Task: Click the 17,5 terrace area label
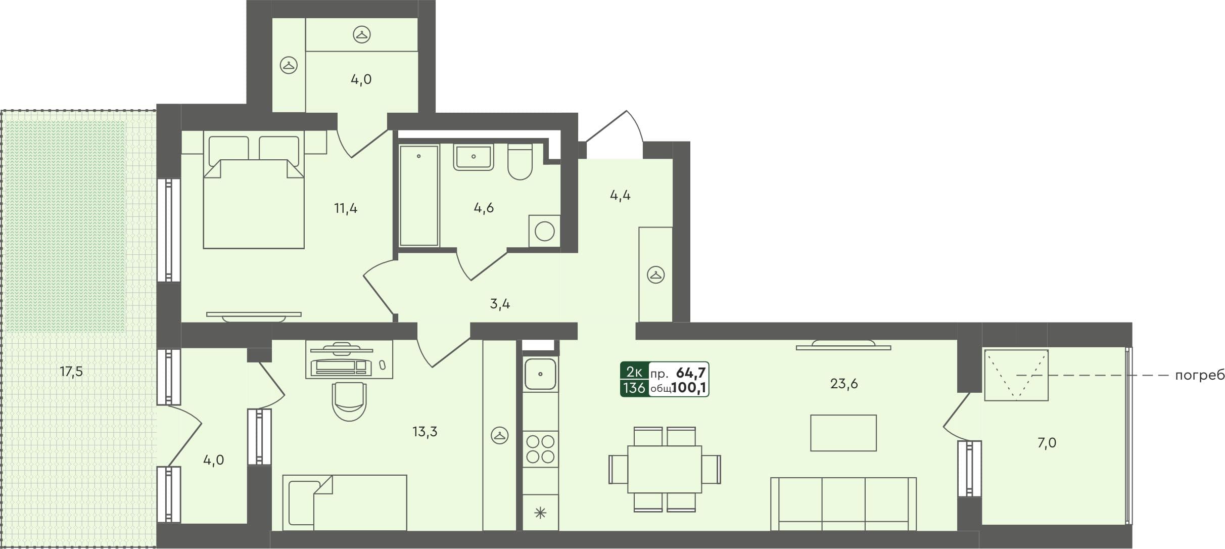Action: click(71, 372)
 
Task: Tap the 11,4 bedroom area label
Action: click(346, 208)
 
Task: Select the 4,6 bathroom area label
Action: click(484, 208)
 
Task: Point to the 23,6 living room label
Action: click(844, 384)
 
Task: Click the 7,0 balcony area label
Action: click(1047, 443)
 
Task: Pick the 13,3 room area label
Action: click(425, 432)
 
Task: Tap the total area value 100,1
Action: click(689, 388)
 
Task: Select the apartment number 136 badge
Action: click(634, 388)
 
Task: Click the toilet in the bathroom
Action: click(520, 162)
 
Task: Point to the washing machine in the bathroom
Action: click(544, 232)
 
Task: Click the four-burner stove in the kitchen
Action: click(540, 449)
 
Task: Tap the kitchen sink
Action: click(540, 375)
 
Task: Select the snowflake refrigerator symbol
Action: click(540, 514)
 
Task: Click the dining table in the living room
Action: click(665, 469)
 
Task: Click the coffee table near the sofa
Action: click(843, 433)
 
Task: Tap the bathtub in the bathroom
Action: click(418, 196)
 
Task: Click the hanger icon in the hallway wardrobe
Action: click(655, 275)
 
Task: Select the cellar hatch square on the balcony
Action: click(1016, 375)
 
